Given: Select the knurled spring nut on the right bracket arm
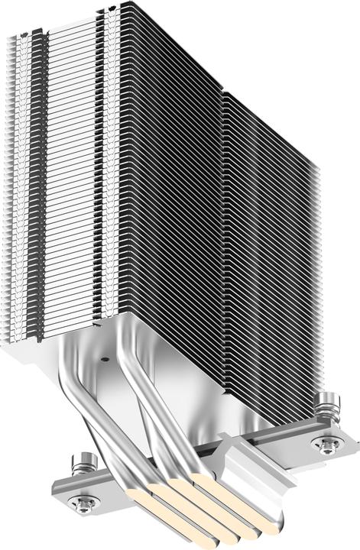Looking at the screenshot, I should click(329, 402).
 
